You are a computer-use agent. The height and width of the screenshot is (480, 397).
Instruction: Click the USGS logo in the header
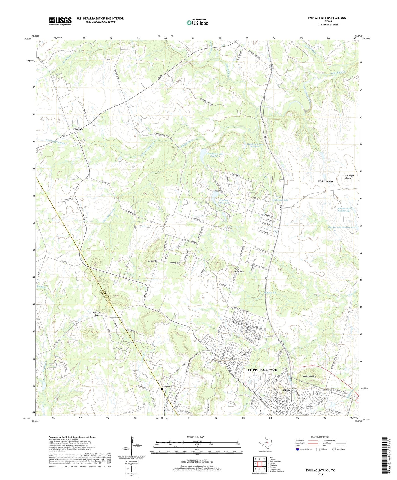click(x=60, y=21)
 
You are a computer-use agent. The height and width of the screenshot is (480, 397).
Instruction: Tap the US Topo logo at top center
click(x=197, y=23)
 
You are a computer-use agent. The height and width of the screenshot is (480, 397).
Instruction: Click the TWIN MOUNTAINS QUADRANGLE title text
click(x=328, y=18)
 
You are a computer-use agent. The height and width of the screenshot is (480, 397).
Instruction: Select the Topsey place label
click(x=79, y=129)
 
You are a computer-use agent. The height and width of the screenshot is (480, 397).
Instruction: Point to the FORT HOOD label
click(x=325, y=181)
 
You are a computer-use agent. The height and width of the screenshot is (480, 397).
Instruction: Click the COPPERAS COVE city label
click(x=262, y=370)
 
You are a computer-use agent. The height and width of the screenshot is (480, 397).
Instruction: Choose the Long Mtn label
click(x=153, y=261)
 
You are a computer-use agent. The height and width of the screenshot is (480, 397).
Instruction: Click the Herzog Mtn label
click(x=175, y=263)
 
